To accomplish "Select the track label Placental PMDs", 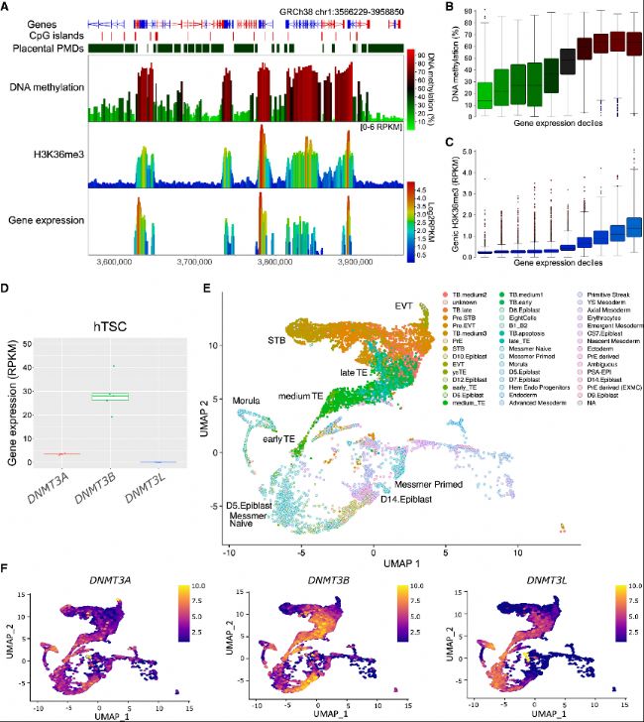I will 43,47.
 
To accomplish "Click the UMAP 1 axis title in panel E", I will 374,562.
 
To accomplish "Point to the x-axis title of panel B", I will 555,124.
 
